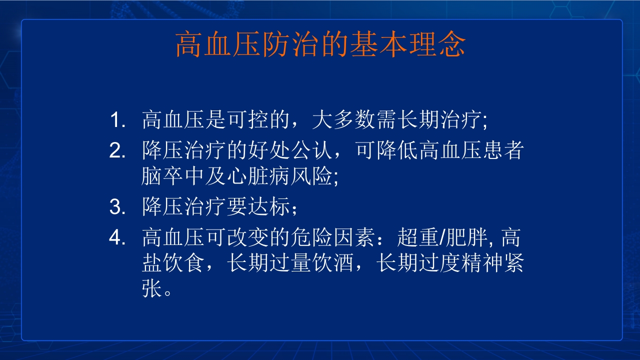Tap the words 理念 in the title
coord(436,45)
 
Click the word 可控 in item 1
coord(237,121)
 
